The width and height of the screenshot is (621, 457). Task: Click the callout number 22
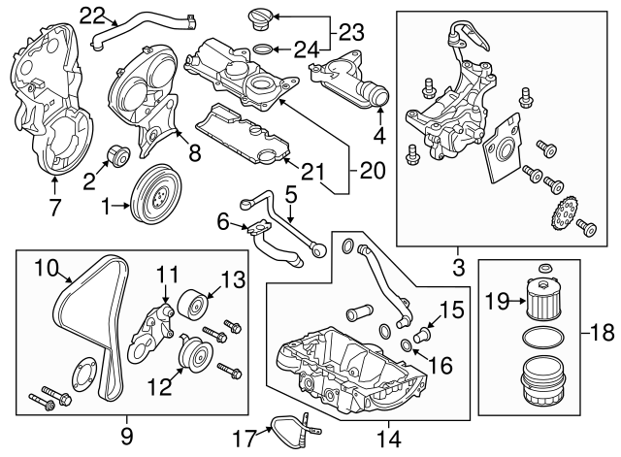[x=92, y=14]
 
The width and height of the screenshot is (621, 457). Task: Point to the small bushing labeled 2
[x=118, y=156]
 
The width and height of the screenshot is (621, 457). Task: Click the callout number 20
[x=371, y=171]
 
